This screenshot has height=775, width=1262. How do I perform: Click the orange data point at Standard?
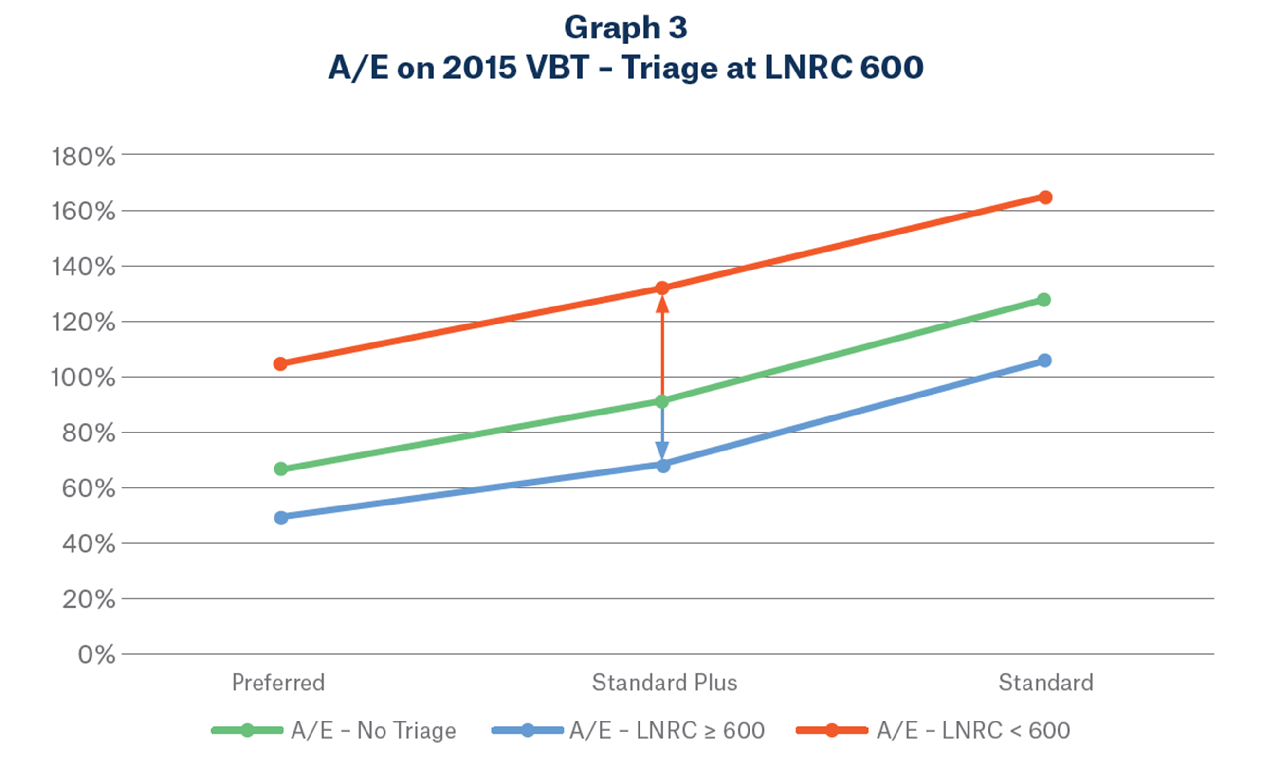pos(1045,198)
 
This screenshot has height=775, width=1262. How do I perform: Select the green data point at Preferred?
pos(280,469)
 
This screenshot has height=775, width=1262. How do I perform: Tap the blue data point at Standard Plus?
pos(663,466)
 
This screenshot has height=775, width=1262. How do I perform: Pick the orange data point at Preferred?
pos(280,364)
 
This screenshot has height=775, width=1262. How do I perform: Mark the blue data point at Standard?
pos(1044,360)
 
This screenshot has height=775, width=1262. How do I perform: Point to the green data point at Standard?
pos(1043,299)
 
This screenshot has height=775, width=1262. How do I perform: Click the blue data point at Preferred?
pos(280,517)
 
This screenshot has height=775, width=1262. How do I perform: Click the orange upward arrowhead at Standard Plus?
pos(662,305)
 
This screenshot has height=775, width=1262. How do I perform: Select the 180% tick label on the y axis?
pos(84,156)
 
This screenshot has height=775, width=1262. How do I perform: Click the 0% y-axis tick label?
pos(96,654)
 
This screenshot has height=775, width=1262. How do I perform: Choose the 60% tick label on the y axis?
pos(89,488)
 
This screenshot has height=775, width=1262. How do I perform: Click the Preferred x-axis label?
pos(278,683)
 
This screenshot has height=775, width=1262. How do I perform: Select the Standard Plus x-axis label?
pos(665,683)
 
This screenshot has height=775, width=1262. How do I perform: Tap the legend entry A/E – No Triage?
pos(373,730)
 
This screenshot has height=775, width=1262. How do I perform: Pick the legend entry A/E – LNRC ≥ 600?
pos(667,730)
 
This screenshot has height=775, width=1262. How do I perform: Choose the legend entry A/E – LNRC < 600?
pos(973,730)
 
